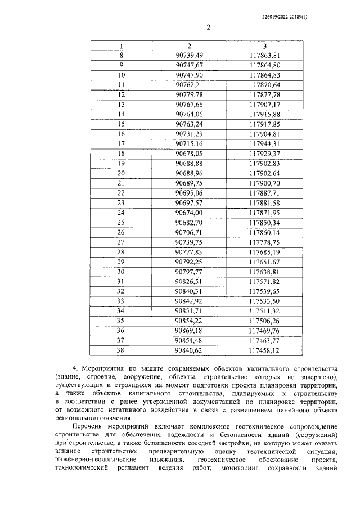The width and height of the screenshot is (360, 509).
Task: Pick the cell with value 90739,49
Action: click(189, 55)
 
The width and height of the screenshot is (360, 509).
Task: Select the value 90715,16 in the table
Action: click(189, 143)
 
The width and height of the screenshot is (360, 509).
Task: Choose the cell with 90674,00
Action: click(189, 213)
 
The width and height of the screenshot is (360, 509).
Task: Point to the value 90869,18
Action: click(189, 331)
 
